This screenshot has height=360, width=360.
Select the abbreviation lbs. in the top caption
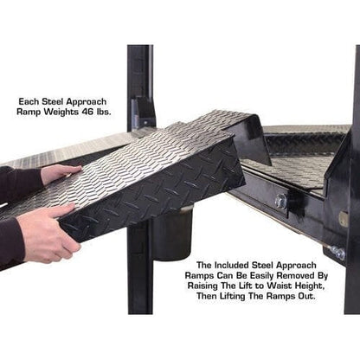[x=106, y=112]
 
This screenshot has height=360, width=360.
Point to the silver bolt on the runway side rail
[x=280, y=201]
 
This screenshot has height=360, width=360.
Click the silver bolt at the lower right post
[x=337, y=253]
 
